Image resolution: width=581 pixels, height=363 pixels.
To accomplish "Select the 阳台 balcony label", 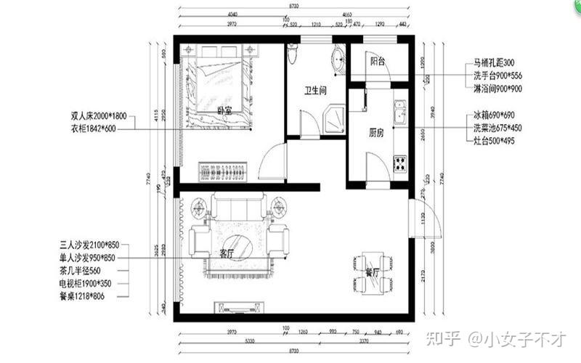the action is click(376, 62).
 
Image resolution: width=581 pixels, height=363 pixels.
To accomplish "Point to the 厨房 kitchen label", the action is click(375, 133).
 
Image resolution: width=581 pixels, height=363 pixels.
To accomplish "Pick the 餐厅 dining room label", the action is click(373, 274).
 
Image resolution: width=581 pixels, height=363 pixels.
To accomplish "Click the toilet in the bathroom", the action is click(292, 54).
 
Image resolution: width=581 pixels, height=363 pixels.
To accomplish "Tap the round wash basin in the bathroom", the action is click(338, 61).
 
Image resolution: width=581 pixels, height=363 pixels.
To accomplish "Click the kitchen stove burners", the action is click(400, 163).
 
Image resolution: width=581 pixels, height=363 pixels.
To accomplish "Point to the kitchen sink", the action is click(399, 113).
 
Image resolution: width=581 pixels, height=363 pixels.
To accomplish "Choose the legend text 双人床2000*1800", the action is click(99, 116).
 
